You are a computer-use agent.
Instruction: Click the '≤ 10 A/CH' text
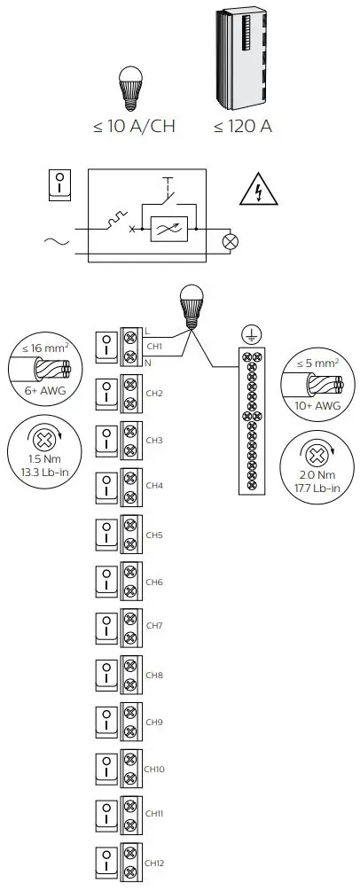click(133, 126)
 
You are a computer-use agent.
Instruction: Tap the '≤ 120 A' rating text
click(242, 126)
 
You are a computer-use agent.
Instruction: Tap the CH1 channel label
click(154, 347)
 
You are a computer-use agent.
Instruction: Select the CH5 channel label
click(154, 535)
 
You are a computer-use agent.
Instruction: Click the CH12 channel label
click(155, 863)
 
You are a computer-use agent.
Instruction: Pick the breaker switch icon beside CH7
click(106, 628)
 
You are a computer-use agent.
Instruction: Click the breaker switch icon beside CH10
click(106, 769)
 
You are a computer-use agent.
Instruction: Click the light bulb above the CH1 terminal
click(188, 303)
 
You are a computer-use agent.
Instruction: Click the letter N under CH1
click(147, 362)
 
